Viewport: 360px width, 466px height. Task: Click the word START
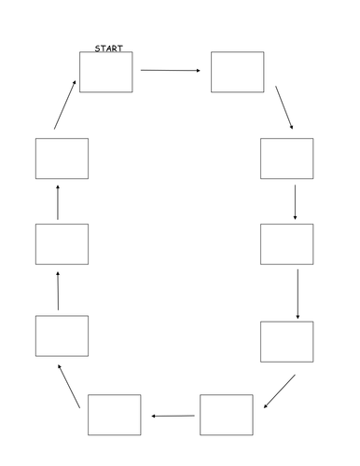109,48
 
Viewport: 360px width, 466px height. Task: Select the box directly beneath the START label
105,72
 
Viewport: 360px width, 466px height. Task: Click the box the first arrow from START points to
237,72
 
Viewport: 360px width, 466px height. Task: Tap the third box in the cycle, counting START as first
286,158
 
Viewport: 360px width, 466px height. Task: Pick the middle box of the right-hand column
286,244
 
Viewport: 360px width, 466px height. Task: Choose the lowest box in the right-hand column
286,341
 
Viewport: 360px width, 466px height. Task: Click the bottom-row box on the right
226,415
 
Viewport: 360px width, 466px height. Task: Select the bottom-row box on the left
115,415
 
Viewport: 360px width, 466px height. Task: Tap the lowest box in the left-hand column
62,336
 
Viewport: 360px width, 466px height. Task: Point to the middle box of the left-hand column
62,244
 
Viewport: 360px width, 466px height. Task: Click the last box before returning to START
62,158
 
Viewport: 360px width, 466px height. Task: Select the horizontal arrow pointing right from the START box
171,70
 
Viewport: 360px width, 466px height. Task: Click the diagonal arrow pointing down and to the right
284,111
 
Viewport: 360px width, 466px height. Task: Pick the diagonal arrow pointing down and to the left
279,391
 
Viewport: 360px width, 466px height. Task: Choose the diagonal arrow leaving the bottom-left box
69,383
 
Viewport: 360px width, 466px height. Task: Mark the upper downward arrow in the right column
295,202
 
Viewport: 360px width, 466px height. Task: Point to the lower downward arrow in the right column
298,294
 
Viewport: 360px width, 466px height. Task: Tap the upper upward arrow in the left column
58,201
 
